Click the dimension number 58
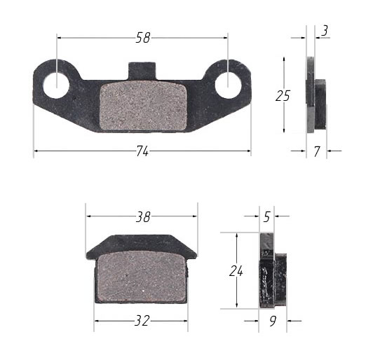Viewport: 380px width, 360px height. [143, 39]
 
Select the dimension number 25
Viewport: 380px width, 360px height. [283, 96]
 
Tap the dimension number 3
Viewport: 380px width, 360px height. [325, 30]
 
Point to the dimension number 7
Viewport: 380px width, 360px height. [317, 151]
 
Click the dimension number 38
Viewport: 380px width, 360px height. [142, 217]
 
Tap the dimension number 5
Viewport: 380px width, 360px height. [266, 217]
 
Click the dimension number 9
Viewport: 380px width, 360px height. [273, 321]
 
